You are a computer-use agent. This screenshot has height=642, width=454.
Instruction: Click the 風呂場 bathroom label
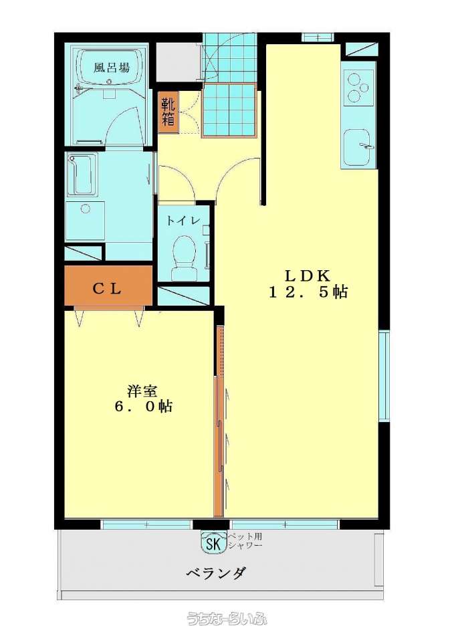point(112,68)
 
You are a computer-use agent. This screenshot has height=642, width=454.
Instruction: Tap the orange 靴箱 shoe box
point(168,112)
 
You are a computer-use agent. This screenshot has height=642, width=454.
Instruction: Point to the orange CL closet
point(108,286)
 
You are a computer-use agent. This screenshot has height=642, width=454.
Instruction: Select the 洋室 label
point(142,391)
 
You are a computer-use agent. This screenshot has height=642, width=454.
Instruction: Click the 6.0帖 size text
point(143,407)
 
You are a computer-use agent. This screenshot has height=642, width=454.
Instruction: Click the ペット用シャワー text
point(245,540)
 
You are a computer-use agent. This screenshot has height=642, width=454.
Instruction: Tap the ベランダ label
point(216,573)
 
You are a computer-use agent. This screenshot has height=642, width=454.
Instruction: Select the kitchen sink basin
point(358,147)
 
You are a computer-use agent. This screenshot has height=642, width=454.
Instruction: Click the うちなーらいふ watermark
point(227,619)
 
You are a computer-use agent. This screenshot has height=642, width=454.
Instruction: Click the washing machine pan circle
point(85,209)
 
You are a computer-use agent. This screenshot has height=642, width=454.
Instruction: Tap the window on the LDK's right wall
point(384,376)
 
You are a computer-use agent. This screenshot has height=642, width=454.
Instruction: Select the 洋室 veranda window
point(146,524)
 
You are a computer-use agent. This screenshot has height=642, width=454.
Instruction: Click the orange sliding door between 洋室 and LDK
point(219,446)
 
